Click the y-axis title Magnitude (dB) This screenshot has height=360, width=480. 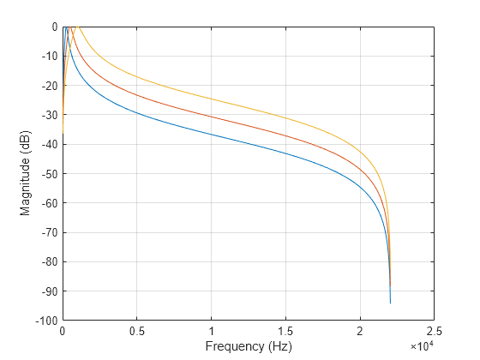[x=26, y=172]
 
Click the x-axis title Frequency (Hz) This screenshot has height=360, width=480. [x=248, y=346]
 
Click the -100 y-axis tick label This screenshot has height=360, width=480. [x=45, y=320]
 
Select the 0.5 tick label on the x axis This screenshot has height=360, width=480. [x=136, y=331]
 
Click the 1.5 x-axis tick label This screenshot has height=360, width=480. [x=285, y=331]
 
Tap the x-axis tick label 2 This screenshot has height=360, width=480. [x=360, y=331]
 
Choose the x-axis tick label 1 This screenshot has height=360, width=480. [x=211, y=331]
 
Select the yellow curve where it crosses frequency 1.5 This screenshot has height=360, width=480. [x=285, y=117]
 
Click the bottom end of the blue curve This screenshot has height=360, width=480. [x=390, y=303]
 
